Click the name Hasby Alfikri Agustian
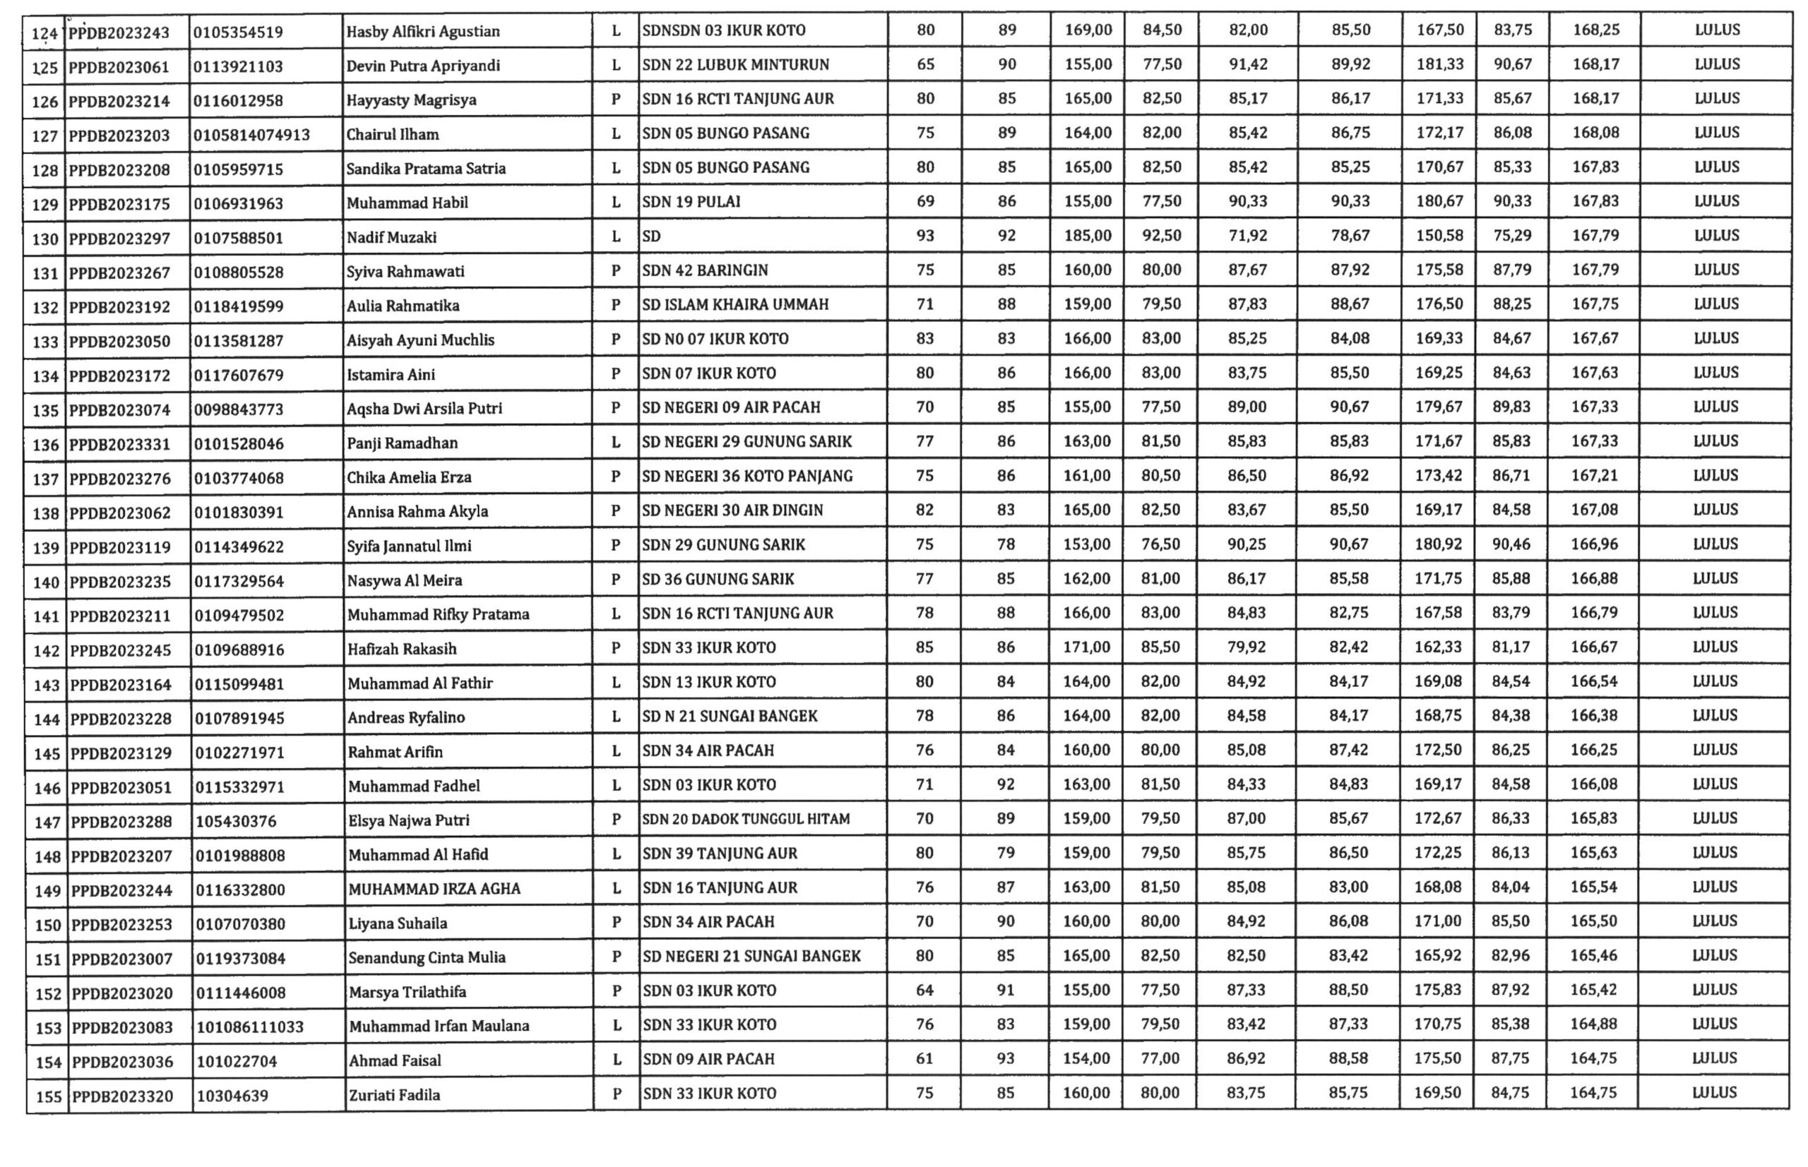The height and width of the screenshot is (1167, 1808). pos(422,32)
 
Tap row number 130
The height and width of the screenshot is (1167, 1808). pos(45,239)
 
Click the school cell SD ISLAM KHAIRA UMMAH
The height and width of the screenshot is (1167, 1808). pos(734,304)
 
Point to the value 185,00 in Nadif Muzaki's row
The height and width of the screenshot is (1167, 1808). pos(1088,236)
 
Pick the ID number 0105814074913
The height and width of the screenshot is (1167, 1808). pos(251,135)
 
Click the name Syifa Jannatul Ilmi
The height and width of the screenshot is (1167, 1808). pos(409,546)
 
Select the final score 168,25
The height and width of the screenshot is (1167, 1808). pos(1595,30)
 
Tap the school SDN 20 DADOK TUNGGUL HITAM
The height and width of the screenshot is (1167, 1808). pos(745,819)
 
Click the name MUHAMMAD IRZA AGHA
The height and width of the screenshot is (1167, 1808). pos(434,889)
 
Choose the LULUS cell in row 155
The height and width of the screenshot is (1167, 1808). pos(1715,1093)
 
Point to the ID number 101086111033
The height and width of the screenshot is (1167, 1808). pos(249,1027)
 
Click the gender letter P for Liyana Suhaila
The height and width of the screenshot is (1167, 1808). pos(617,922)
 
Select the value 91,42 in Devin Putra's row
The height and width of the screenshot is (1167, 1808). pos(1248,64)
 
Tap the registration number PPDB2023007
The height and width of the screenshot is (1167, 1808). pos(121,959)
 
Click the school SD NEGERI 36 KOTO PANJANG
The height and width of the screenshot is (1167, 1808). pos(747,476)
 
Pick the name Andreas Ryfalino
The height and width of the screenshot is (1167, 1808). pos(405,717)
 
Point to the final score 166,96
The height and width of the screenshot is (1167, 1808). pos(1594,544)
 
